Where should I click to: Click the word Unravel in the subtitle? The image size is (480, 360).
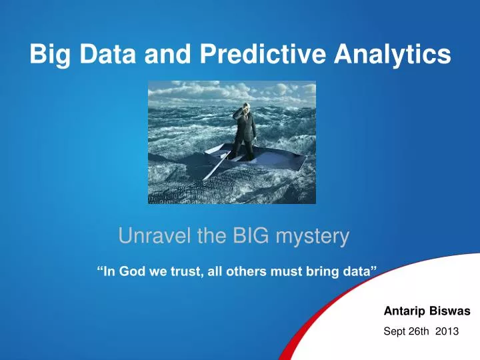(149, 235)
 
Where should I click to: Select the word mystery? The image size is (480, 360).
(313, 235)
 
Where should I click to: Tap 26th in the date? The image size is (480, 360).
(419, 330)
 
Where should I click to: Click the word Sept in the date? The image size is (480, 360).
(395, 330)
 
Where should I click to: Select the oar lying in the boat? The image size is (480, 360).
(216, 164)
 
